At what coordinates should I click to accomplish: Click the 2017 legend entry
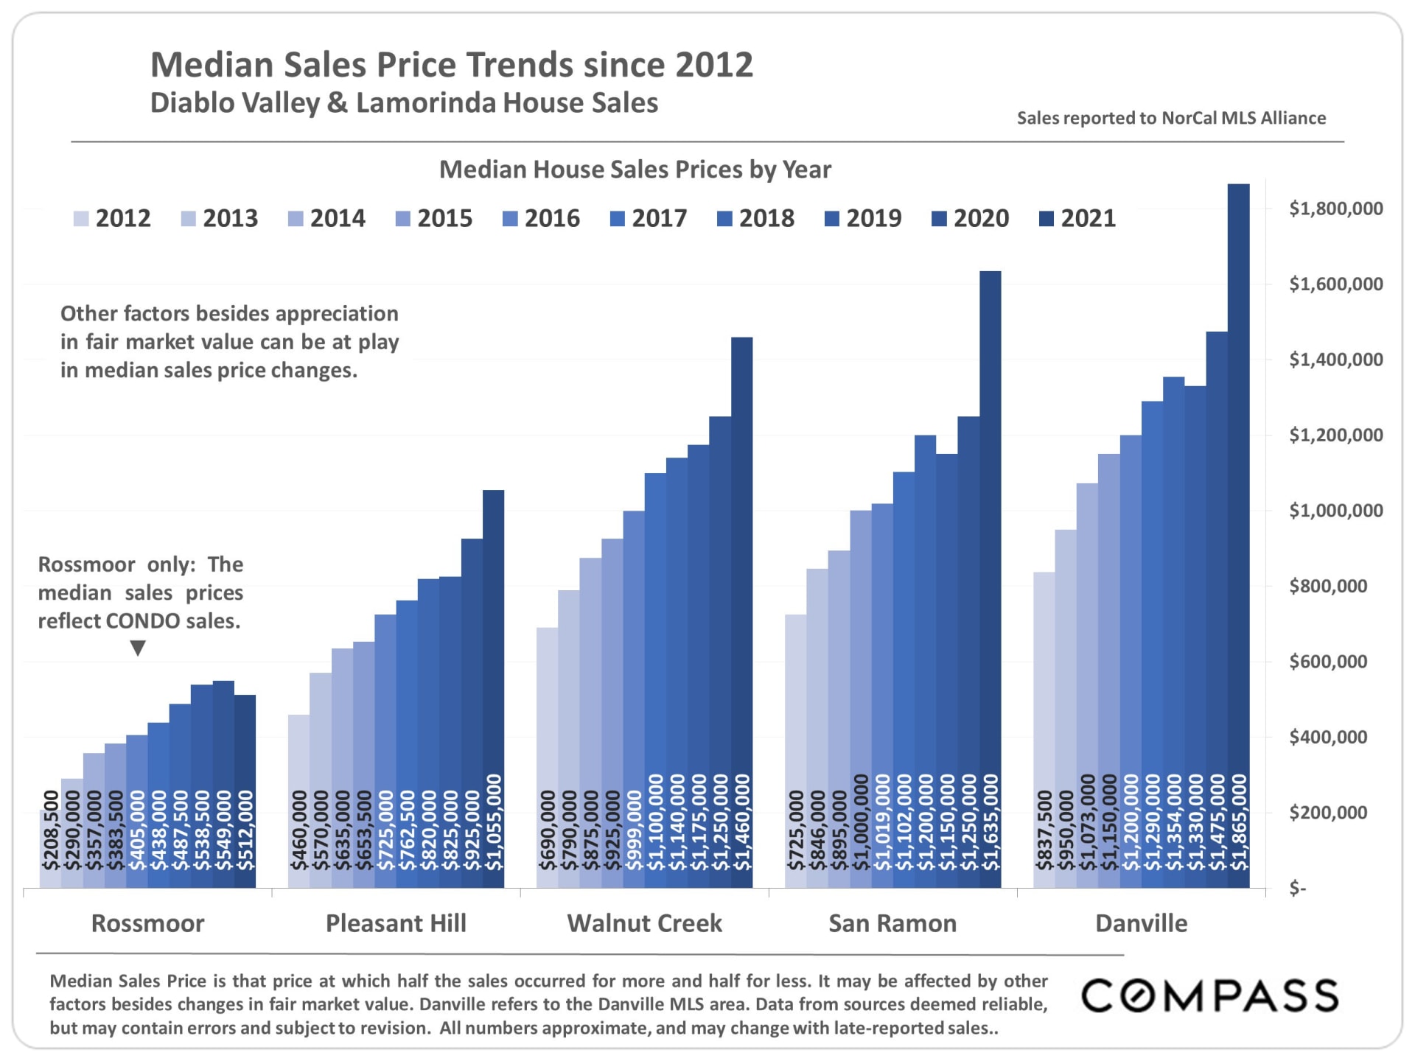tap(649, 218)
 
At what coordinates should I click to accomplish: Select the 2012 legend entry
tap(112, 218)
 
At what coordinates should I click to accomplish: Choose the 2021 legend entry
tap(1077, 218)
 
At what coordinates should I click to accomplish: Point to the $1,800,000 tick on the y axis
tap(1335, 209)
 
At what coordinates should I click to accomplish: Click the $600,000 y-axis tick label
tap(1328, 662)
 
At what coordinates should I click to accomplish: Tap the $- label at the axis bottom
tap(1298, 889)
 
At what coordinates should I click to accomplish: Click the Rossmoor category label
tap(147, 923)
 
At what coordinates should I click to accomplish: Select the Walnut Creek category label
tap(644, 923)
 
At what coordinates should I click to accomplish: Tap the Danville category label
tap(1141, 923)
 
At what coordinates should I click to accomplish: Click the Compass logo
tap(1209, 995)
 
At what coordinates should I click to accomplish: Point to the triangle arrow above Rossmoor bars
tap(138, 648)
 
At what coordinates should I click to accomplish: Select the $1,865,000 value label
tap(1240, 822)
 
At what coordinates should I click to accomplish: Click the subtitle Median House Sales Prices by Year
tap(635, 169)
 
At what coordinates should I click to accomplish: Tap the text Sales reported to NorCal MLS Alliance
tap(1171, 118)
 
